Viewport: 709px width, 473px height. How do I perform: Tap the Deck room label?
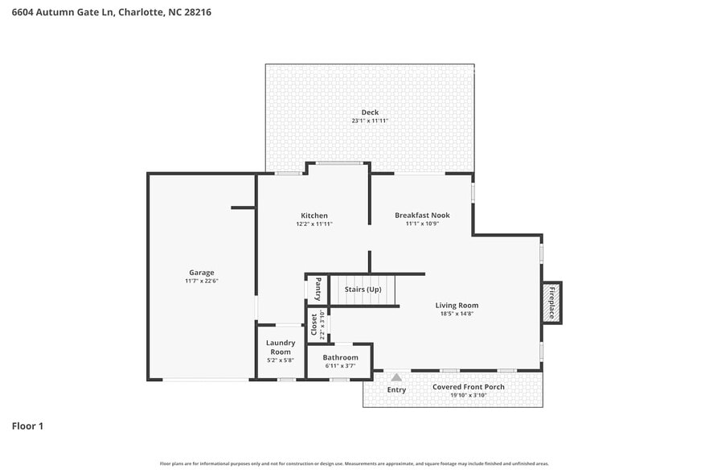[370, 112]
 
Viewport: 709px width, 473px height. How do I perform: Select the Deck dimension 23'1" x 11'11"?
[370, 121]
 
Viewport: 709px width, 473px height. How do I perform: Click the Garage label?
[201, 272]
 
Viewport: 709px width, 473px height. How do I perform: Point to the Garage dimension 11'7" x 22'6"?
[201, 281]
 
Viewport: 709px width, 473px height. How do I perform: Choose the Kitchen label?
[314, 215]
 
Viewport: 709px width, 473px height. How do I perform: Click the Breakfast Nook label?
[422, 215]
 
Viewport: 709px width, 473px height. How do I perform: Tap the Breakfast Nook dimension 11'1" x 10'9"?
[422, 224]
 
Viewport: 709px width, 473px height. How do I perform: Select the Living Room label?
[457, 305]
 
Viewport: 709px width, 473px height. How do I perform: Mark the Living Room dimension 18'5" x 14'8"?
[457, 314]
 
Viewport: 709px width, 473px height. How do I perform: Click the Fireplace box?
[551, 303]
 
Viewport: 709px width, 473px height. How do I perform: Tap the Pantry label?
[318, 288]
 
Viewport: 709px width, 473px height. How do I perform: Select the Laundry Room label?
[281, 347]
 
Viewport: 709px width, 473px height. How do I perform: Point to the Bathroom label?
[340, 357]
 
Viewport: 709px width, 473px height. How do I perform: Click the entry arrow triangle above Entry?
[396, 376]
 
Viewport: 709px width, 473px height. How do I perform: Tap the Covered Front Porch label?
[469, 387]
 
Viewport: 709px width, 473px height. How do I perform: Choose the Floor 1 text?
[27, 426]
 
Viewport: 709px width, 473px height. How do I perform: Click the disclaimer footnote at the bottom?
[354, 463]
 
